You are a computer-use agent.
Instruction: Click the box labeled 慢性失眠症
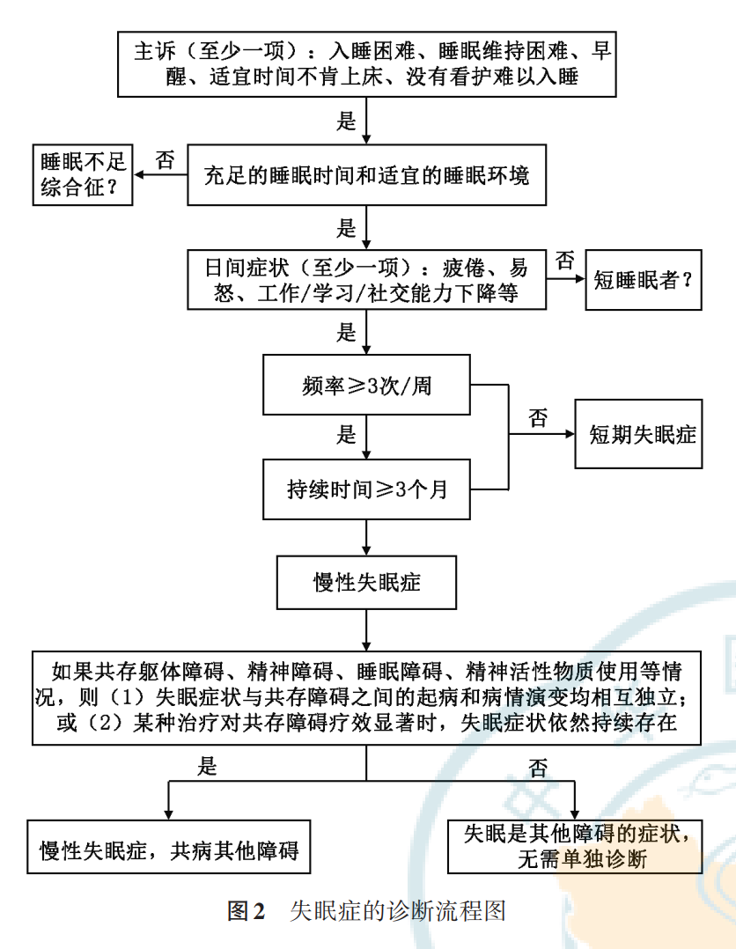click(366, 582)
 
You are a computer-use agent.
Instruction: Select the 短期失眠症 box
click(638, 434)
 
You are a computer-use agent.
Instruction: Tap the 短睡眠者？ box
click(644, 280)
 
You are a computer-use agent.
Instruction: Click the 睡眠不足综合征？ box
click(83, 175)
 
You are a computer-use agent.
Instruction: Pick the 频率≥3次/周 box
click(366, 385)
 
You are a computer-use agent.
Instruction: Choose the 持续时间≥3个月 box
click(366, 489)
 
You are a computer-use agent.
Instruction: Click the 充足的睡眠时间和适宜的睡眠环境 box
click(367, 175)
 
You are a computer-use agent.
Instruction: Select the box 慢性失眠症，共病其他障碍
click(169, 847)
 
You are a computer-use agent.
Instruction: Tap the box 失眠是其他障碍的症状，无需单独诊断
click(575, 847)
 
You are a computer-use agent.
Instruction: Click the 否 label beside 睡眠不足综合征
click(165, 160)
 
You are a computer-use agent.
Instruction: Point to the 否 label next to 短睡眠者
click(564, 261)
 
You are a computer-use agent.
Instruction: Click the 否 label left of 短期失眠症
click(538, 418)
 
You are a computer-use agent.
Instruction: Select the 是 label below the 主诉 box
click(346, 121)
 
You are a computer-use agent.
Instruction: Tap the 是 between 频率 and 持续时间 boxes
click(346, 435)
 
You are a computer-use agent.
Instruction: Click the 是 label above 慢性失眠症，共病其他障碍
click(207, 767)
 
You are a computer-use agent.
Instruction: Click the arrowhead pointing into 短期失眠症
click(570, 434)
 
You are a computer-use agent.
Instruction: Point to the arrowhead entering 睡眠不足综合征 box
click(138, 175)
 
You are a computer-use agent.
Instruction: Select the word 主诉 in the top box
click(155, 51)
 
